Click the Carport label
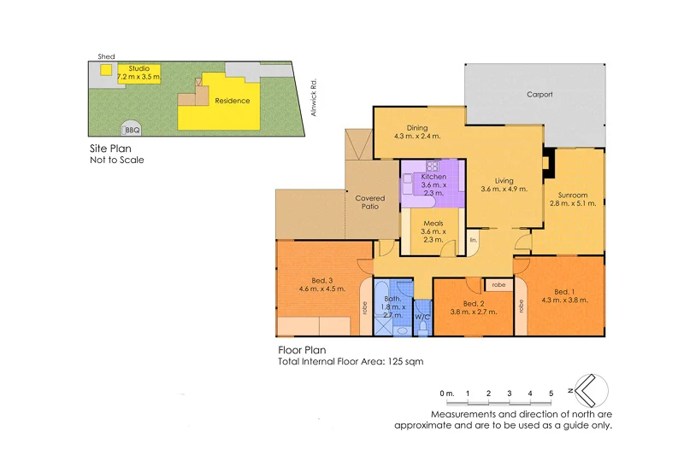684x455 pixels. (x=540, y=94)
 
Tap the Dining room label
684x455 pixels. (x=417, y=128)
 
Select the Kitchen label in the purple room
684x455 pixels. (x=434, y=178)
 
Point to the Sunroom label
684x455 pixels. (x=568, y=195)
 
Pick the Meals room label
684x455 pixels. (x=433, y=224)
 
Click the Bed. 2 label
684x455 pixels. (x=474, y=304)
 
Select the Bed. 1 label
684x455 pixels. (x=563, y=293)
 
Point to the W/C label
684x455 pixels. (x=422, y=317)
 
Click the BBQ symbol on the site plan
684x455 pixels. (x=132, y=130)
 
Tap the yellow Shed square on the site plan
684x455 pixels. (x=106, y=70)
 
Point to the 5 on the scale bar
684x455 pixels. (x=551, y=393)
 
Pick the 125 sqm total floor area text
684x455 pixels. (x=405, y=361)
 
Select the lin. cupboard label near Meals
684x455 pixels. (x=474, y=241)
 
